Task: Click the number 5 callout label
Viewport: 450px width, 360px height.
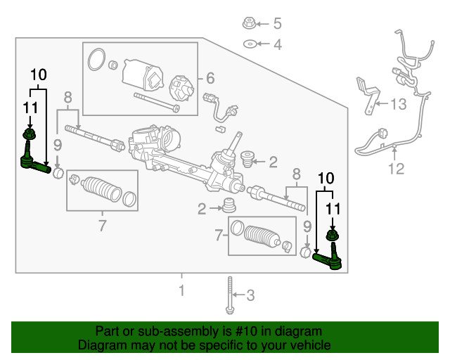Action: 277,23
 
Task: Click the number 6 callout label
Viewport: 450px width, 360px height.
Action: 210,78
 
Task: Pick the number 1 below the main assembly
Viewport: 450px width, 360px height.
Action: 181,290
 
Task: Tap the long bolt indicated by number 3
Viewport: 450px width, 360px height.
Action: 229,295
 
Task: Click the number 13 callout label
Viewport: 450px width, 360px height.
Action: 398,105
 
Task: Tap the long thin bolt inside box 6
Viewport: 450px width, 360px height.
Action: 155,103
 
